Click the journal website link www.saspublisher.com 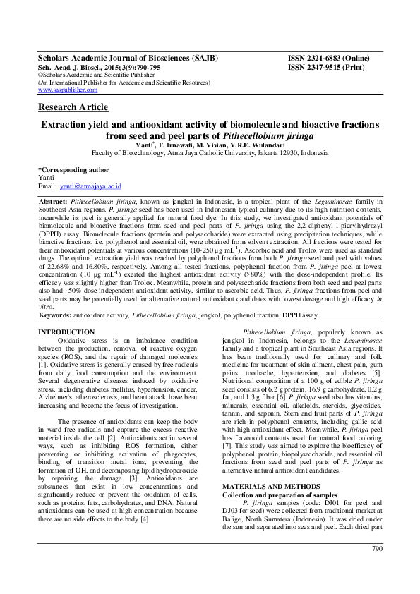click(68, 91)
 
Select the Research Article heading click(73, 107)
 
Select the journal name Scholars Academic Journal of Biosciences click(127, 58)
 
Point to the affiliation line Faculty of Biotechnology click(210, 152)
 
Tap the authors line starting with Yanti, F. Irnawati click(210, 143)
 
